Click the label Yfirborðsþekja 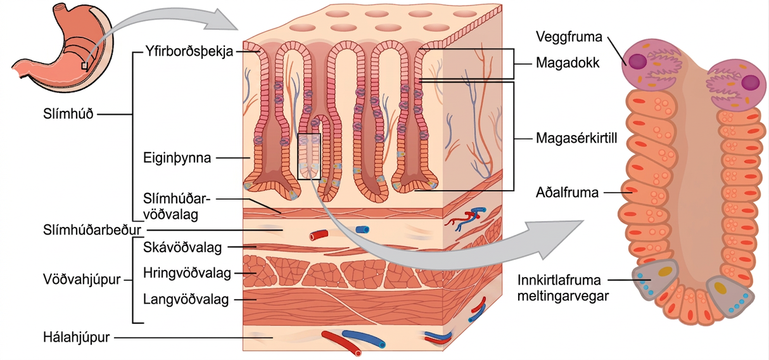pyautogui.click(x=189, y=51)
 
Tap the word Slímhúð pyautogui.click(x=68, y=113)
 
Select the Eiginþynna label pyautogui.click(x=177, y=158)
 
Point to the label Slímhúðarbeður pyautogui.click(x=92, y=230)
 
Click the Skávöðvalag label pyautogui.click(x=182, y=247)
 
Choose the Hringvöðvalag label pyautogui.click(x=187, y=273)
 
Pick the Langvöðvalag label pyautogui.click(x=186, y=299)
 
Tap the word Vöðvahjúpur pyautogui.click(x=82, y=280)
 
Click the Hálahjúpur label pyautogui.click(x=76, y=337)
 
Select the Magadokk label pyautogui.click(x=568, y=63)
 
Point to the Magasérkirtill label pyautogui.click(x=576, y=138)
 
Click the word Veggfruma pyautogui.click(x=569, y=37)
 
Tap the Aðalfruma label pyautogui.click(x=567, y=193)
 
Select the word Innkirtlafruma pyautogui.click(x=559, y=280)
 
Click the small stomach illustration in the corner pyautogui.click(x=63, y=48)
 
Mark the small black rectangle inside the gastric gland pyautogui.click(x=309, y=157)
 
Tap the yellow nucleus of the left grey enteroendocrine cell pyautogui.click(x=665, y=271)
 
